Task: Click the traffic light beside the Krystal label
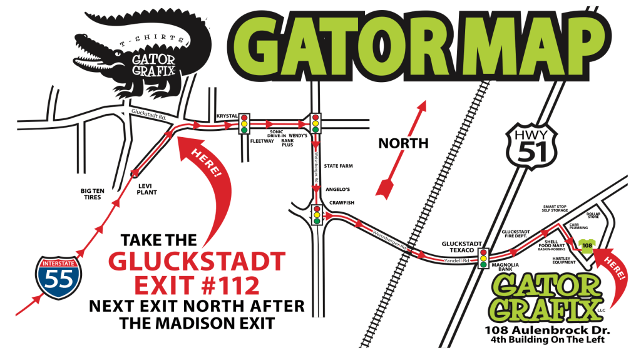[245, 123]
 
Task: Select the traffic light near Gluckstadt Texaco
[483, 258]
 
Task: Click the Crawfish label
[341, 203]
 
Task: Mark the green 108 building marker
[587, 246]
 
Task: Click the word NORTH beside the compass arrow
[403, 143]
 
